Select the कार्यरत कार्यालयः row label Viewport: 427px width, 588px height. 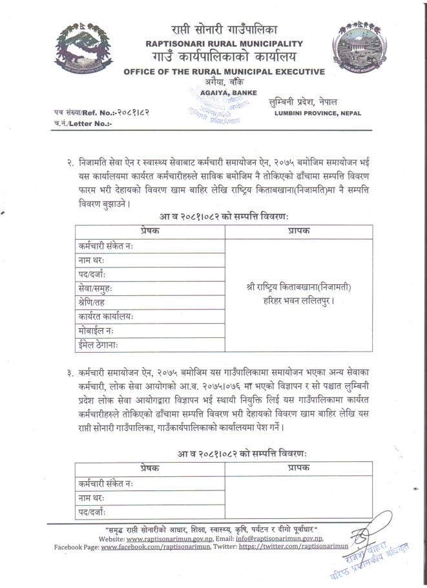106,317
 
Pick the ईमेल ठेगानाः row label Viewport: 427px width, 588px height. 101,345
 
